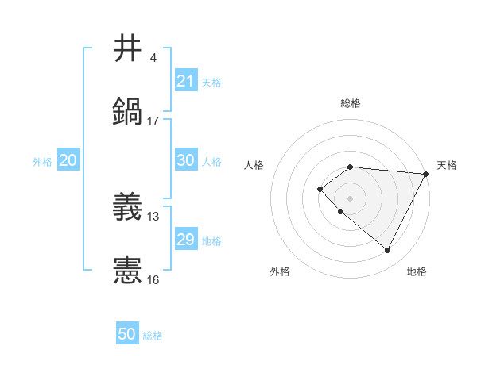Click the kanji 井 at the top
coord(128,48)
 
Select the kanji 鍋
coord(128,111)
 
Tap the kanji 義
coord(128,207)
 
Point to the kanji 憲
coord(128,270)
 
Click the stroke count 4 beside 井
coord(153,58)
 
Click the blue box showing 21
coord(185,81)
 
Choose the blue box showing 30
coord(185,160)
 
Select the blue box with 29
coord(185,240)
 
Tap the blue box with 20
coord(68,160)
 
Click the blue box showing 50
coord(127,334)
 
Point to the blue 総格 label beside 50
coord(153,336)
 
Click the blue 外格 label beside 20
coord(42,162)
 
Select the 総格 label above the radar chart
coord(350,103)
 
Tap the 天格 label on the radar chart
coord(447,165)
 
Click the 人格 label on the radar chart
coord(254,165)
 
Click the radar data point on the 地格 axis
coord(388,251)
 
